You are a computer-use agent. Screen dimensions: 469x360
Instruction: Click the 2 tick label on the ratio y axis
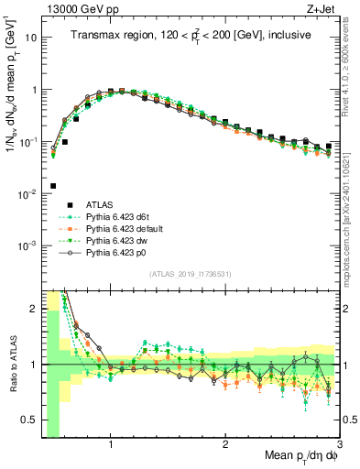point(34,309)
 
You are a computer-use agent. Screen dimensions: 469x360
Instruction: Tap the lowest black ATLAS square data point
point(53,186)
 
